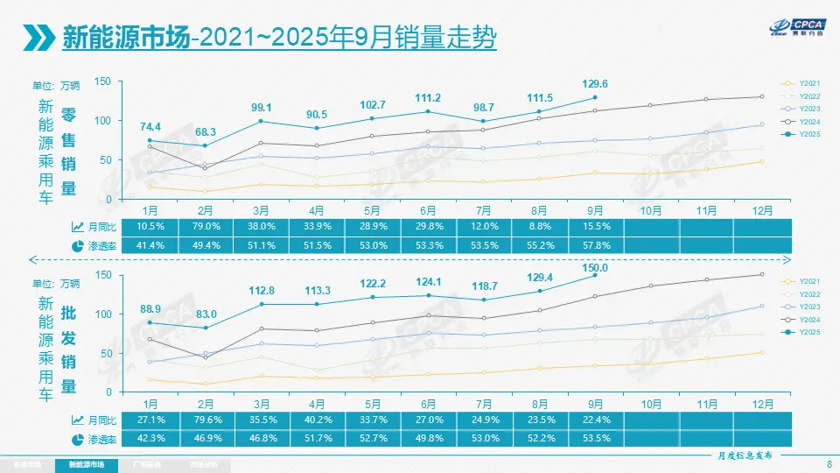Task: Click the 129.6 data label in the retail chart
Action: (594, 84)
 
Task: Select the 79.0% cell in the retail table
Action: (205, 227)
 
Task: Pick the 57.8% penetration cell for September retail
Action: (594, 245)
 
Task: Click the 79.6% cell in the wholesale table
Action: (205, 420)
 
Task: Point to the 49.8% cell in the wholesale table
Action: (427, 439)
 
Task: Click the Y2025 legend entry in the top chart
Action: (803, 134)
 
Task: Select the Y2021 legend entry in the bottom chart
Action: (803, 280)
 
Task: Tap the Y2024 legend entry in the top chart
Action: (803, 122)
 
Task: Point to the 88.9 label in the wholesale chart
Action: (150, 309)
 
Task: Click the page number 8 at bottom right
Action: (828, 463)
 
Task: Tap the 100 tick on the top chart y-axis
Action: (102, 121)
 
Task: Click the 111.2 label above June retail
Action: (427, 98)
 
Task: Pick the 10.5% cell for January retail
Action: (150, 227)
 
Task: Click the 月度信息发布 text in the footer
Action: (739, 455)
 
